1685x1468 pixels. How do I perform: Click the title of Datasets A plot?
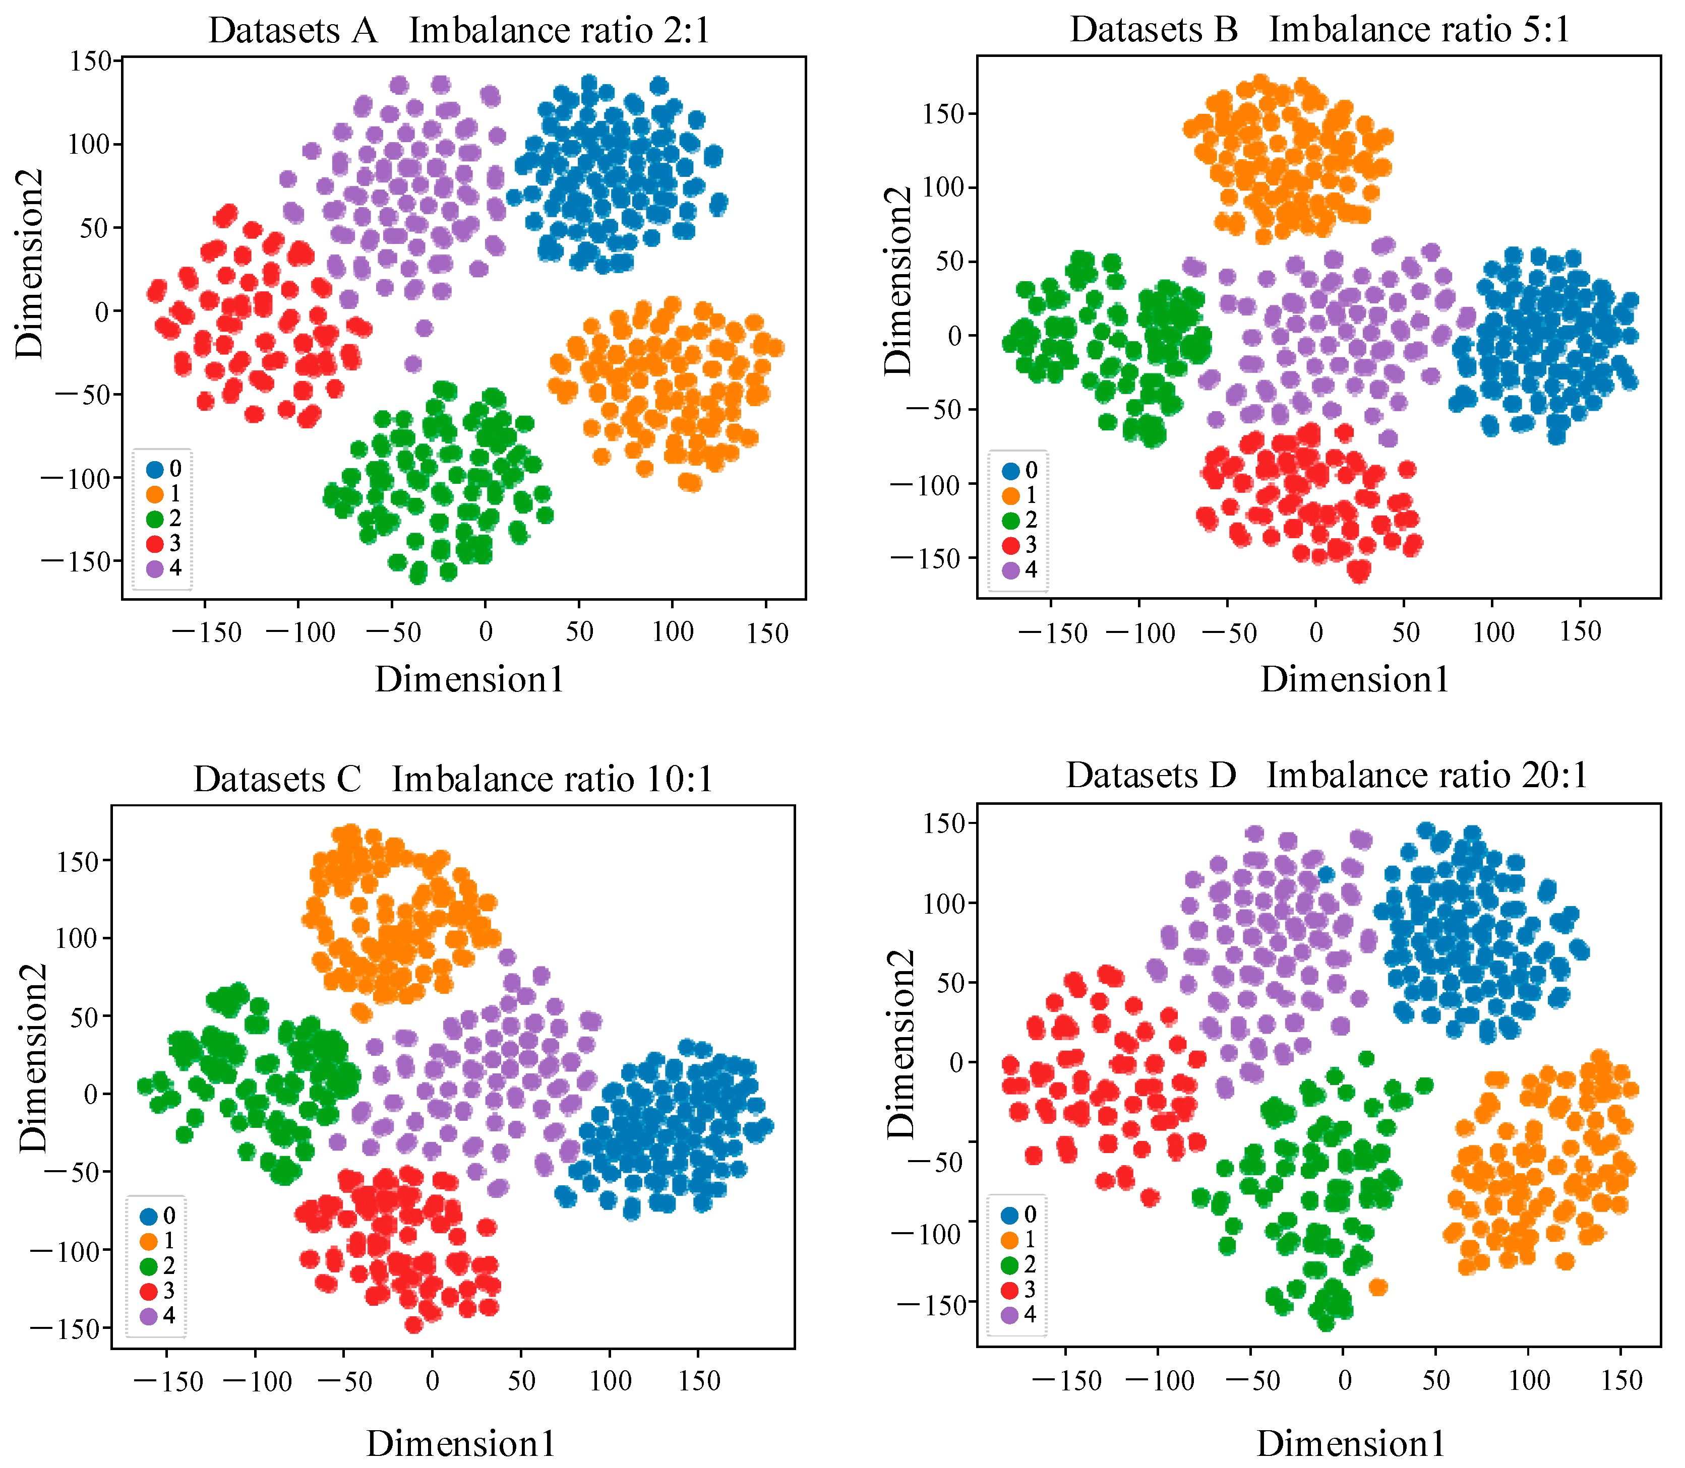[459, 31]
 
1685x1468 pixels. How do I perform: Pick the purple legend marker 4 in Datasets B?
[1010, 570]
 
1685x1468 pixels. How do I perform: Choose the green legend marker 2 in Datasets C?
[148, 1265]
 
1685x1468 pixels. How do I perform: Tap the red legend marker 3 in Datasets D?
[1010, 1290]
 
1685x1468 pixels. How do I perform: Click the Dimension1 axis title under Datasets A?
[469, 680]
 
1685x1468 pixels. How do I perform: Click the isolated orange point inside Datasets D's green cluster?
[1378, 1287]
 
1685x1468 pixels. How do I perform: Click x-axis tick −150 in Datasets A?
[211, 632]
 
